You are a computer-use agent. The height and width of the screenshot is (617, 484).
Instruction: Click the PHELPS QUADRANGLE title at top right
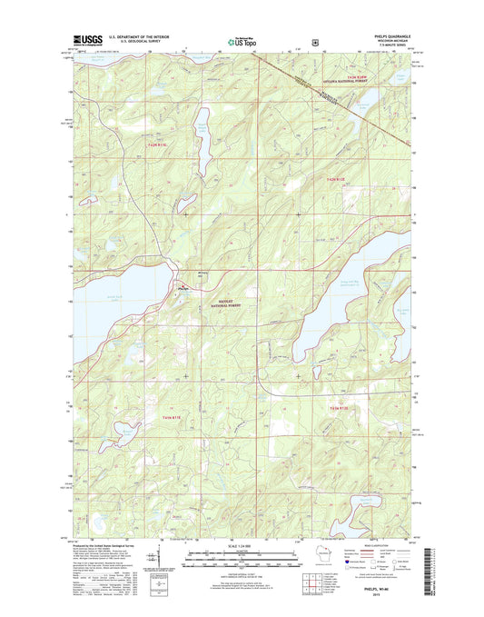click(385, 36)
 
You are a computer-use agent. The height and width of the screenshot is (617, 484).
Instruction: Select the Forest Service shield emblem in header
click(313, 40)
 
